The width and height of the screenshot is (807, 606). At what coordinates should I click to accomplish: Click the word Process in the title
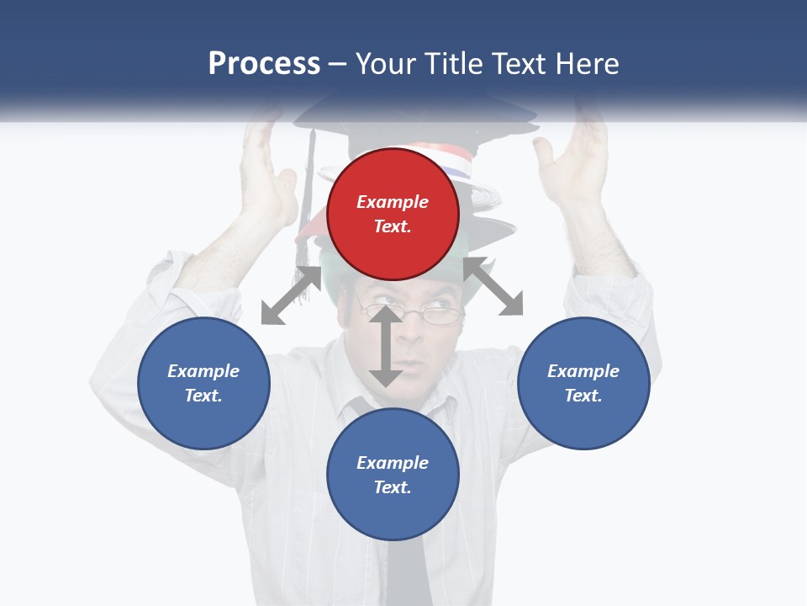(264, 64)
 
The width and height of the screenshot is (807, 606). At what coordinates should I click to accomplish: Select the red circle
(393, 214)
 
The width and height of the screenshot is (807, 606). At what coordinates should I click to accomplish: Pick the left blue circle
(203, 383)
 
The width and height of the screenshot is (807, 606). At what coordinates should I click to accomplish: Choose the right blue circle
(583, 383)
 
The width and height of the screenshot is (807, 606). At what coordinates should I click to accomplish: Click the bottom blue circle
(393, 475)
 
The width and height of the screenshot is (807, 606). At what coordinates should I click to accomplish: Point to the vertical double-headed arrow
(386, 346)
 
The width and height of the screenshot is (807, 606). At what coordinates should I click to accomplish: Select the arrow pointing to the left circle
(291, 295)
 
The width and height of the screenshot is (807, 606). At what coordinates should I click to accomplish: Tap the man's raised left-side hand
(267, 164)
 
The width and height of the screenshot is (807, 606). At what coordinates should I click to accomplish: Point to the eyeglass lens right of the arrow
(442, 316)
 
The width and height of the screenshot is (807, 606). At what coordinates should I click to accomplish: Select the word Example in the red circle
(393, 202)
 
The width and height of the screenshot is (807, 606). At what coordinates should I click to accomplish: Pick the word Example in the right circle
(583, 371)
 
